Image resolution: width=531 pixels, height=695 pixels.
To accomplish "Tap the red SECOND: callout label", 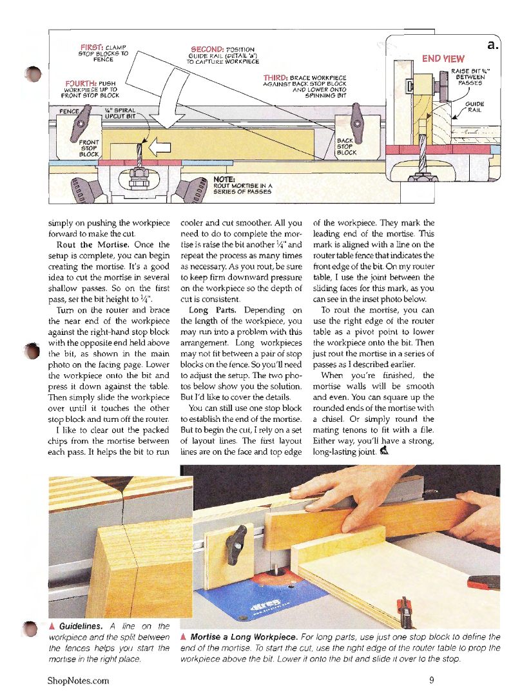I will click(x=208, y=49).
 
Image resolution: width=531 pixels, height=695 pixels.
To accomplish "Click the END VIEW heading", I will click(x=443, y=59).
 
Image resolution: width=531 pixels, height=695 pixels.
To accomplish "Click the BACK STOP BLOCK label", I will click(x=347, y=146).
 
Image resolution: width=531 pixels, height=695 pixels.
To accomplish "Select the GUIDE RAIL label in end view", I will click(x=475, y=106).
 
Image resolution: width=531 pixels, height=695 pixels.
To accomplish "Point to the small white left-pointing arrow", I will click(x=159, y=149).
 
